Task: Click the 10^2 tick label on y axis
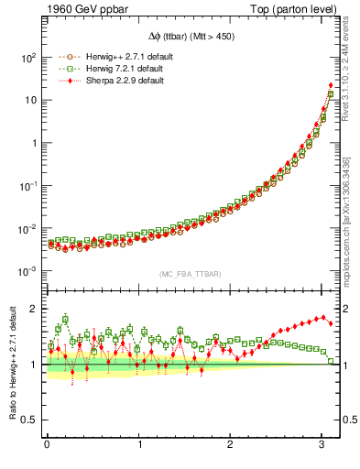click(27, 57)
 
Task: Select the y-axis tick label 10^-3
click(27, 272)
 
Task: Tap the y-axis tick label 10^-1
click(27, 186)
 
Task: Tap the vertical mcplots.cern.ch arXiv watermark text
click(349, 211)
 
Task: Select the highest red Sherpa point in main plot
click(330, 85)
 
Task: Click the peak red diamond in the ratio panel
click(324, 318)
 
